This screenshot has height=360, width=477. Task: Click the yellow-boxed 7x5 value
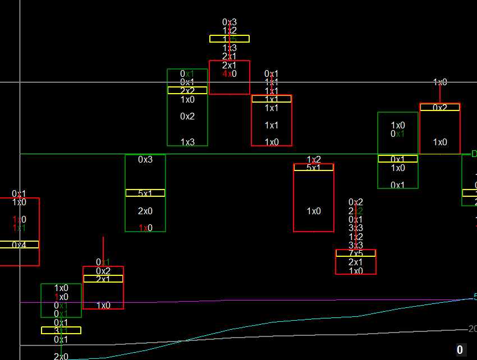pyautogui.click(x=356, y=253)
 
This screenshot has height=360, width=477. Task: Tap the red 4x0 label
pyautogui.click(x=230, y=73)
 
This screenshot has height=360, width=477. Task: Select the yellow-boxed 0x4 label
pyautogui.click(x=19, y=245)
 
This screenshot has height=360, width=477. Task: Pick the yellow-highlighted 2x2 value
pyautogui.click(x=187, y=90)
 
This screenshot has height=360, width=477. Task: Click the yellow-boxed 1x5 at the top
pyautogui.click(x=230, y=39)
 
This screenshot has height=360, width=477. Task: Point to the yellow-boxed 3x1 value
pyautogui.click(x=61, y=330)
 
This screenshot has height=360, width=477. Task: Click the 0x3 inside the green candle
pyautogui.click(x=145, y=159)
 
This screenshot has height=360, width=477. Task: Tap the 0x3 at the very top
pyautogui.click(x=230, y=22)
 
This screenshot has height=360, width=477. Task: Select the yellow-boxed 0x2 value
pyautogui.click(x=440, y=107)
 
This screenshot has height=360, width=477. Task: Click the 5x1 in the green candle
pyautogui.click(x=145, y=193)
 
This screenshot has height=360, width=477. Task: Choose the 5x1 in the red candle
pyautogui.click(x=314, y=167)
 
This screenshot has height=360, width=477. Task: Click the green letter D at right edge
pyautogui.click(x=474, y=154)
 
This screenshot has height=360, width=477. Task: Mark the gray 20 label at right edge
pyautogui.click(x=472, y=329)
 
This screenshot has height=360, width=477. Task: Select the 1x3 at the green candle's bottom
pyautogui.click(x=187, y=142)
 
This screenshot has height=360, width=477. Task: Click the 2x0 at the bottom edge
pyautogui.click(x=61, y=357)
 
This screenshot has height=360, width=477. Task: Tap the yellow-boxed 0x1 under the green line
pyautogui.click(x=398, y=159)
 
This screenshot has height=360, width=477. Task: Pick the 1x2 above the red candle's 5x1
pyautogui.click(x=314, y=160)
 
